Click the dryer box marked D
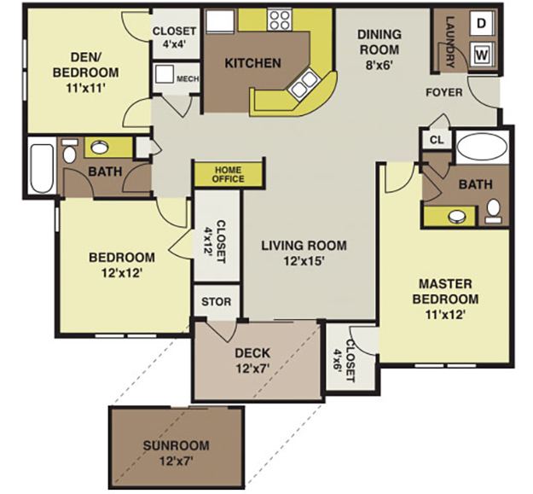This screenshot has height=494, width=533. pyautogui.click(x=482, y=23)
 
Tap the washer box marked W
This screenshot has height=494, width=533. pyautogui.click(x=482, y=55)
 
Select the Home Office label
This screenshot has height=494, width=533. pyautogui.click(x=229, y=174)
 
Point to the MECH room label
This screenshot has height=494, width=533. pyautogui.click(x=187, y=79)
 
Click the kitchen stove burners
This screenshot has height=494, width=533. pyautogui.click(x=280, y=20)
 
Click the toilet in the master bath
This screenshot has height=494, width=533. pyautogui.click(x=492, y=208)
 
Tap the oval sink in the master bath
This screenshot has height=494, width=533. pyautogui.click(x=461, y=215)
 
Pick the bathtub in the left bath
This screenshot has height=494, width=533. pyautogui.click(x=40, y=169)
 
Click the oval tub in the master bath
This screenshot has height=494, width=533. pyautogui.click(x=481, y=148)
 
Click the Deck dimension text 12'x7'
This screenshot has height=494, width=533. pyautogui.click(x=252, y=369)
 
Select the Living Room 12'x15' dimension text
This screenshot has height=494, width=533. pyautogui.click(x=293, y=262)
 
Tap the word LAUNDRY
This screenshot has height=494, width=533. pyautogui.click(x=450, y=41)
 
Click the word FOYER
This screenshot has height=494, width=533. pyautogui.click(x=444, y=91)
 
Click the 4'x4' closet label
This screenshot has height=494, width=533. pyautogui.click(x=174, y=45)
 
